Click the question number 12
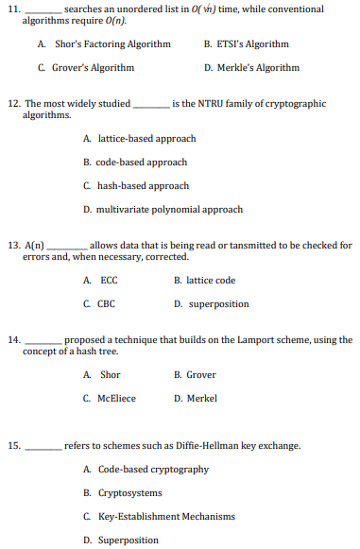pos(14,103)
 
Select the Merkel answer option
pos(201,399)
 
